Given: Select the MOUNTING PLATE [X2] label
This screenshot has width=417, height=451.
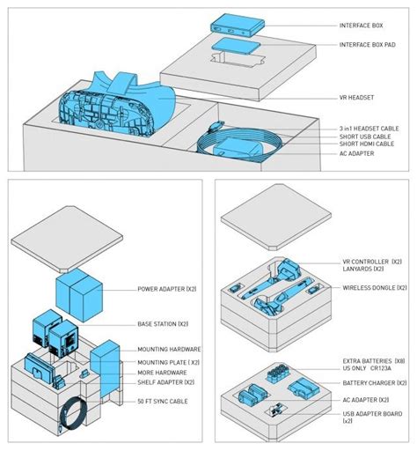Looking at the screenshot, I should pyautogui.click(x=168, y=362).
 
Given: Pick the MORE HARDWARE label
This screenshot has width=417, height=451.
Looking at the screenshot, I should pyautogui.click(x=163, y=373).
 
